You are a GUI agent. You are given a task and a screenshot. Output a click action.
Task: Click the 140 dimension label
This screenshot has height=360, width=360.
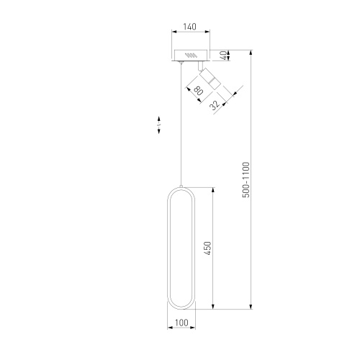tap(189, 27)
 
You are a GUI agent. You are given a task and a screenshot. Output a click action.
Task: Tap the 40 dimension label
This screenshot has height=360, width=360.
tap(223, 55)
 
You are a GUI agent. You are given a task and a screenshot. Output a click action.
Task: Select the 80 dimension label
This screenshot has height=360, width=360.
tap(199, 91)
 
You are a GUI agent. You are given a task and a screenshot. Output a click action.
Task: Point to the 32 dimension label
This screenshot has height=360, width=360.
tap(215, 105)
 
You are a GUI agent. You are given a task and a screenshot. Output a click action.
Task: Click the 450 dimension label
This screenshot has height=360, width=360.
tap(207, 248)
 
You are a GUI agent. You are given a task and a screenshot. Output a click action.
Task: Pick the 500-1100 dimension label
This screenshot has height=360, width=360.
tap(246, 180)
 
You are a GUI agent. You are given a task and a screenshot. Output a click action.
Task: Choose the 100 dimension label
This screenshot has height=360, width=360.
tap(181, 323)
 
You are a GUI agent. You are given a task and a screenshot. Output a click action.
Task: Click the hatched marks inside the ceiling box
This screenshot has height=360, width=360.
tap(191, 55)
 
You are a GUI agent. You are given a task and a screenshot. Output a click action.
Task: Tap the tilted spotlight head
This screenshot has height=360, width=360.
tap(210, 78)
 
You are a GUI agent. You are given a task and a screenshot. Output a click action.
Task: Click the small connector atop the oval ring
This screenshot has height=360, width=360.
tap(181, 186)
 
